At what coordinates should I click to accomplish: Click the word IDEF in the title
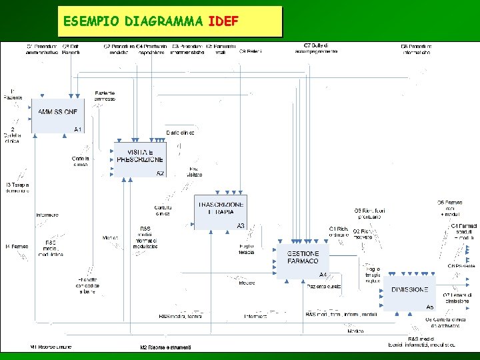(223, 21)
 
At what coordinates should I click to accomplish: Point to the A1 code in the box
(78, 129)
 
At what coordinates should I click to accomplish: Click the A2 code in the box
(160, 173)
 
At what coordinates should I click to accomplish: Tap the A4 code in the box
(323, 275)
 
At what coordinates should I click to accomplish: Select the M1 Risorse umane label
(51, 347)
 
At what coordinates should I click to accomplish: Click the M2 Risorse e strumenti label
(165, 347)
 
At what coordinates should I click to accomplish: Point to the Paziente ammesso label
(105, 95)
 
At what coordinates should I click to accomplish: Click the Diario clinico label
(180, 133)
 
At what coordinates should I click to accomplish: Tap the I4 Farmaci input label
(17, 247)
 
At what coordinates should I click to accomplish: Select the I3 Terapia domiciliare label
(17, 187)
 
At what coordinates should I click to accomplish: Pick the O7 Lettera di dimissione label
(457, 297)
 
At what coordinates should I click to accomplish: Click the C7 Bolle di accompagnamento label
(316, 48)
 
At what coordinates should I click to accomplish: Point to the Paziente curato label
(324, 287)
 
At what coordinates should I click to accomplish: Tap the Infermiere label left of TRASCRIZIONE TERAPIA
(47, 215)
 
